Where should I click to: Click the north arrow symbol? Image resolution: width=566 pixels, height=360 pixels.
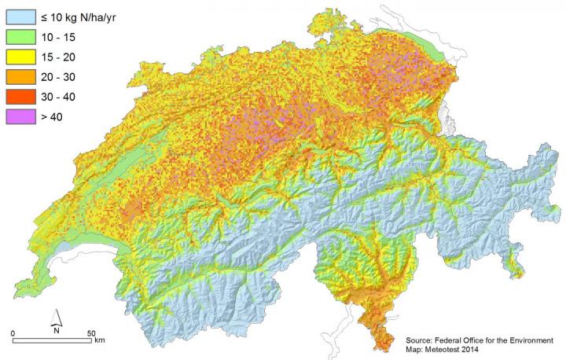pos(56,319)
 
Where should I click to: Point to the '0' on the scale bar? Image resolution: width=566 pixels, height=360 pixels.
pos(14,333)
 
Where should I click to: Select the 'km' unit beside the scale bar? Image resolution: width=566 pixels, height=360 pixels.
pos(99,342)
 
